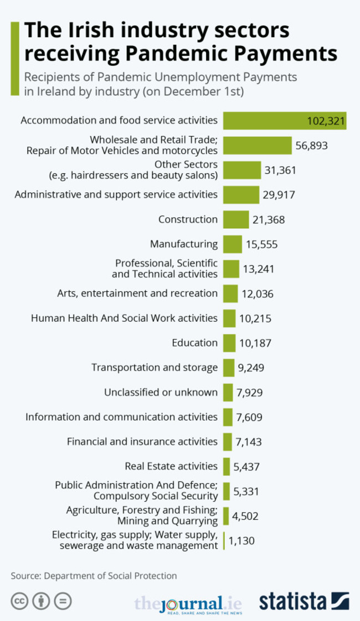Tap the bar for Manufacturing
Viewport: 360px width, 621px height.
pyautogui.click(x=232, y=244)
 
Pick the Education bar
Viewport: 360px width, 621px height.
pyautogui.click(x=229, y=343)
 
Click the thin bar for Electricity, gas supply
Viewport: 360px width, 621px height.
pyautogui.click(x=224, y=541)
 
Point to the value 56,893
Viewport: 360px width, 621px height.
pyautogui.click(x=312, y=146)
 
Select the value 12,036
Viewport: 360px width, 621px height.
pyautogui.click(x=258, y=294)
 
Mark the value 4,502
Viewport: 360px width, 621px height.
pyautogui.click(x=245, y=516)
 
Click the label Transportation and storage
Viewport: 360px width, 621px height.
pyautogui.click(x=155, y=367)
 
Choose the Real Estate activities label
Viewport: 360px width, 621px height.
pyautogui.click(x=171, y=466)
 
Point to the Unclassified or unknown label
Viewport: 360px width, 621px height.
pyautogui.click(x=161, y=392)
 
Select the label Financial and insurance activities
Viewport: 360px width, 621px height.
pyautogui.click(x=142, y=442)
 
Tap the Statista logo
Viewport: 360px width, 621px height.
pyautogui.click(x=305, y=601)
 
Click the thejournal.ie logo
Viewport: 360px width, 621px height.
pyautogui.click(x=191, y=603)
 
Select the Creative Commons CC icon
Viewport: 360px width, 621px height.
pyautogui.click(x=19, y=601)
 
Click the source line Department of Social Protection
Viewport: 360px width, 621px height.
pyautogui.click(x=94, y=576)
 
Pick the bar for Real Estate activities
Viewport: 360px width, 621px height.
pyautogui.click(x=227, y=466)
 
